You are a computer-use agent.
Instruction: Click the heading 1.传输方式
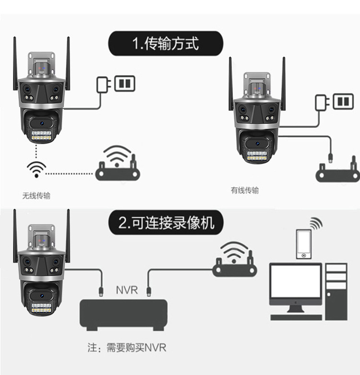(x=166, y=44)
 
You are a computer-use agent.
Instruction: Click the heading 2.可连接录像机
(x=166, y=223)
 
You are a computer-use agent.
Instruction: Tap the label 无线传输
(x=36, y=195)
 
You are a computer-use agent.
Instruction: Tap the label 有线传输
(x=245, y=190)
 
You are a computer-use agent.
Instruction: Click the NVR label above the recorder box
(x=127, y=290)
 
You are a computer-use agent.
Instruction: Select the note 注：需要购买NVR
(x=127, y=347)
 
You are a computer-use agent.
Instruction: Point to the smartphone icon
(x=303, y=244)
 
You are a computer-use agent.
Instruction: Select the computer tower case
(x=336, y=290)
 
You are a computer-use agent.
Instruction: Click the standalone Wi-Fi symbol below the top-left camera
(x=36, y=169)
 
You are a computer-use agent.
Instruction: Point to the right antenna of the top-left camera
(x=67, y=62)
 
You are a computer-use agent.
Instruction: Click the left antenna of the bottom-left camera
(x=16, y=235)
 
